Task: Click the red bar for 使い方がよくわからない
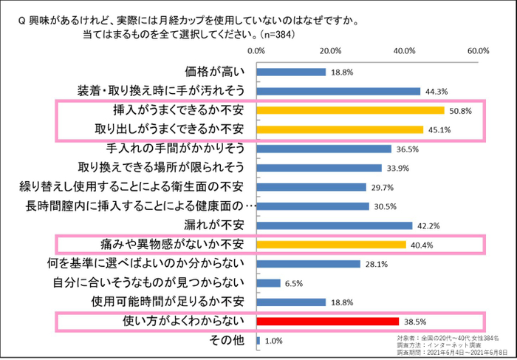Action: click(x=327, y=322)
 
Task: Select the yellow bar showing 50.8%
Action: click(x=350, y=110)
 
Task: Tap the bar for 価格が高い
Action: click(x=291, y=72)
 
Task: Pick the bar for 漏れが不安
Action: click(x=334, y=225)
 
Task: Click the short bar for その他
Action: click(x=258, y=341)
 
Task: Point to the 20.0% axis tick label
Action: click(x=329, y=51)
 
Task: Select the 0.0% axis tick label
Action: click(x=256, y=51)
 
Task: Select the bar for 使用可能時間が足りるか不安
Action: click(x=291, y=302)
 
